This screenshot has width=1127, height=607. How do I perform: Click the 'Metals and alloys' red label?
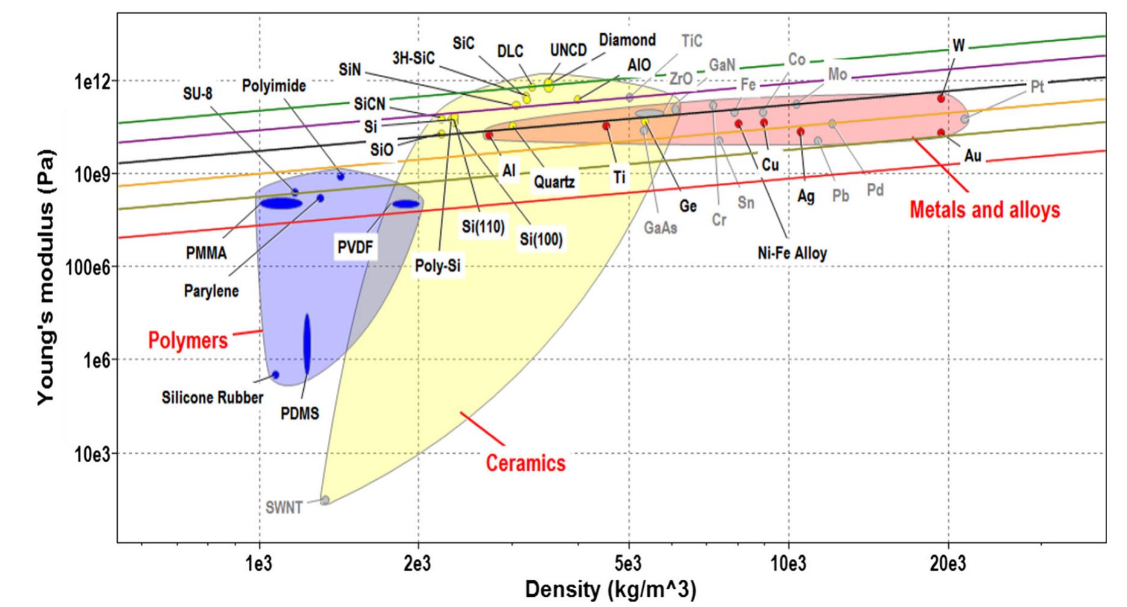pos(984,210)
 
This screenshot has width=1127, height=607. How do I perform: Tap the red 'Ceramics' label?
pos(525,463)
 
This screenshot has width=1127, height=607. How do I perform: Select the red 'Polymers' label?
pos(188,341)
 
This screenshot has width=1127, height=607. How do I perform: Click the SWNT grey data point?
pos(325,500)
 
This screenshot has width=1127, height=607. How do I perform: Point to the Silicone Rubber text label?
pos(212,398)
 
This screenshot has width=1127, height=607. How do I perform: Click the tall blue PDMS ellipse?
pos(307,344)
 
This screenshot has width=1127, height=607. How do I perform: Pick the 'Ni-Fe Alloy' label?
pos(792,253)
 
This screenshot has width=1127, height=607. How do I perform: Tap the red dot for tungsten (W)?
pos(940,98)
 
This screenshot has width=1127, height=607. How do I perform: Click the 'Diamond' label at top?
pos(627,40)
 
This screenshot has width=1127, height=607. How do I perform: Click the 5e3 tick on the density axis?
pos(629,565)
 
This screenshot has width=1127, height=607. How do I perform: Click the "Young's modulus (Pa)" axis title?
pos(46,278)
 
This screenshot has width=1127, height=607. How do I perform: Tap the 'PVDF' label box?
pos(355,247)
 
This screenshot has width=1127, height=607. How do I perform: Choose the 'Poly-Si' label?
pos(437,265)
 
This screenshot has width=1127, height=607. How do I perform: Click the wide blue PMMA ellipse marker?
pos(281,204)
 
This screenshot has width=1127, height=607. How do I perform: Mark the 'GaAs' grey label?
pos(660,229)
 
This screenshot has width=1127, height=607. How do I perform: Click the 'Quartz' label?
pos(554,181)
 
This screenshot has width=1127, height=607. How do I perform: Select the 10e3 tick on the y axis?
pos(92,454)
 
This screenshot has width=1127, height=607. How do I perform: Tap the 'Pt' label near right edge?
pos(1036,87)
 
